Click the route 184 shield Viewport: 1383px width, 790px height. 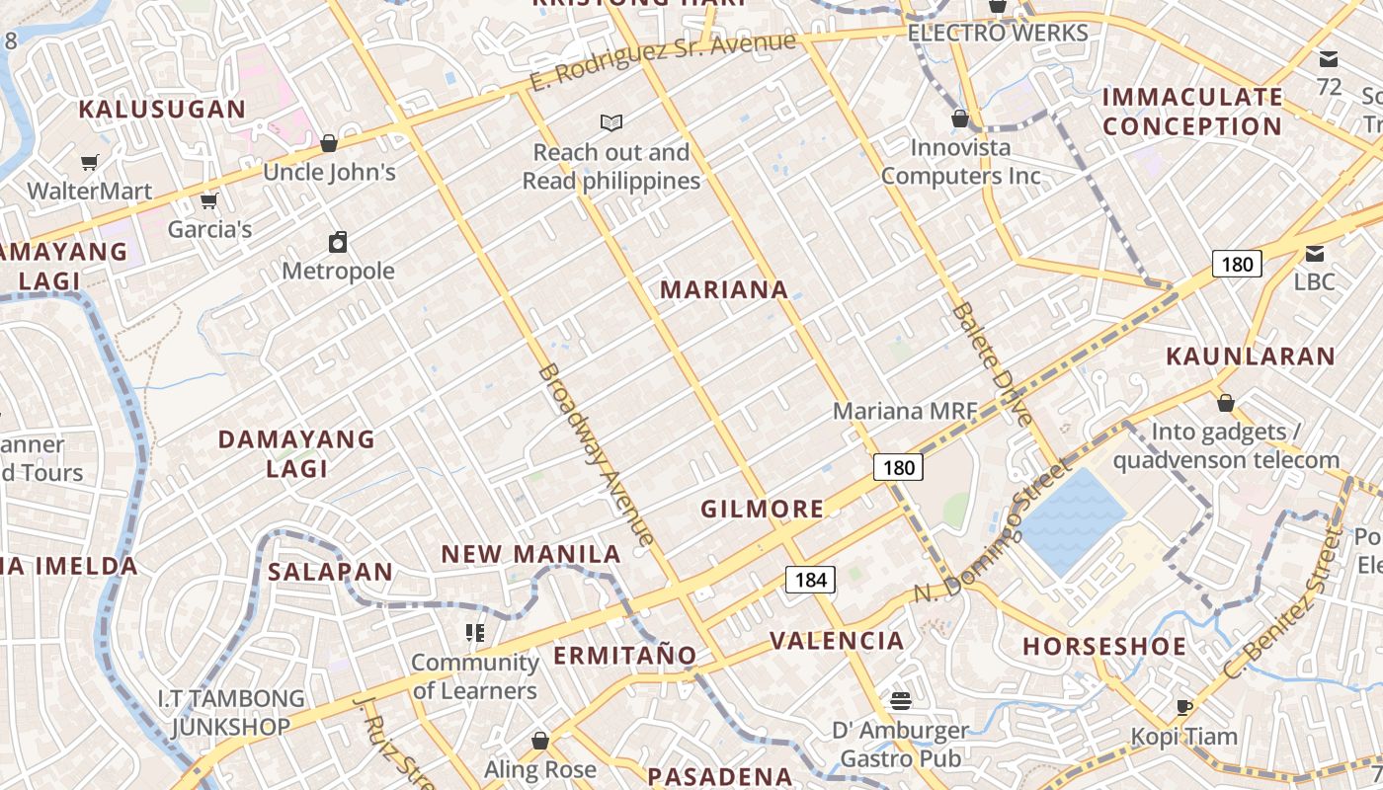810,580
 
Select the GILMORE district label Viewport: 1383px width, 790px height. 762,510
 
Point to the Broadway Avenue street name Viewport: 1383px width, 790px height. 597,455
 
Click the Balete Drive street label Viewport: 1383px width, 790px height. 992,364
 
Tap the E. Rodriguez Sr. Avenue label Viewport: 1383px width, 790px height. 663,61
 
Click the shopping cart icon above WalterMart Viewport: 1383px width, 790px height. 90,162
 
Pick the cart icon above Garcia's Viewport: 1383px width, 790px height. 208,201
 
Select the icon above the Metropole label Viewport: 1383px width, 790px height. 338,242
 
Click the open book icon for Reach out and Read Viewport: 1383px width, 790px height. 611,123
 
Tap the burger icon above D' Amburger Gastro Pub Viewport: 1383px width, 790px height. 900,701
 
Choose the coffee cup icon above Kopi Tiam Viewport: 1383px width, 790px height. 1183,707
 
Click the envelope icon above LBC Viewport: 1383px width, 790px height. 1315,253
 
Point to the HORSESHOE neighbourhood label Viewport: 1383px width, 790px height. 1103,647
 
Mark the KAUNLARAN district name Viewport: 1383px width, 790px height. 1250,356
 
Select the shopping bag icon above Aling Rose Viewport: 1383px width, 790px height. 539,740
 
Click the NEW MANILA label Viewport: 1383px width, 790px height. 530,554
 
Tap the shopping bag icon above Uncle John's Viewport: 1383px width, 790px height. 329,143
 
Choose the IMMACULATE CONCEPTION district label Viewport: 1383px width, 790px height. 1192,112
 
